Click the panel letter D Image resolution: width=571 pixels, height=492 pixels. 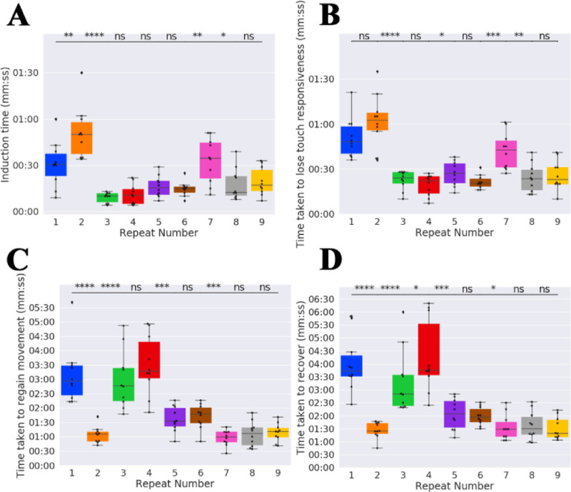click(x=313, y=260)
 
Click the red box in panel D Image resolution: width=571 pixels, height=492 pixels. click(x=429, y=349)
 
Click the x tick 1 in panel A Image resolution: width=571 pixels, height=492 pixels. click(x=56, y=221)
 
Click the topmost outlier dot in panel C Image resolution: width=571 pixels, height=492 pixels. click(x=71, y=302)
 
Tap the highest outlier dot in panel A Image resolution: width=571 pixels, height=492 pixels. click(x=81, y=73)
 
